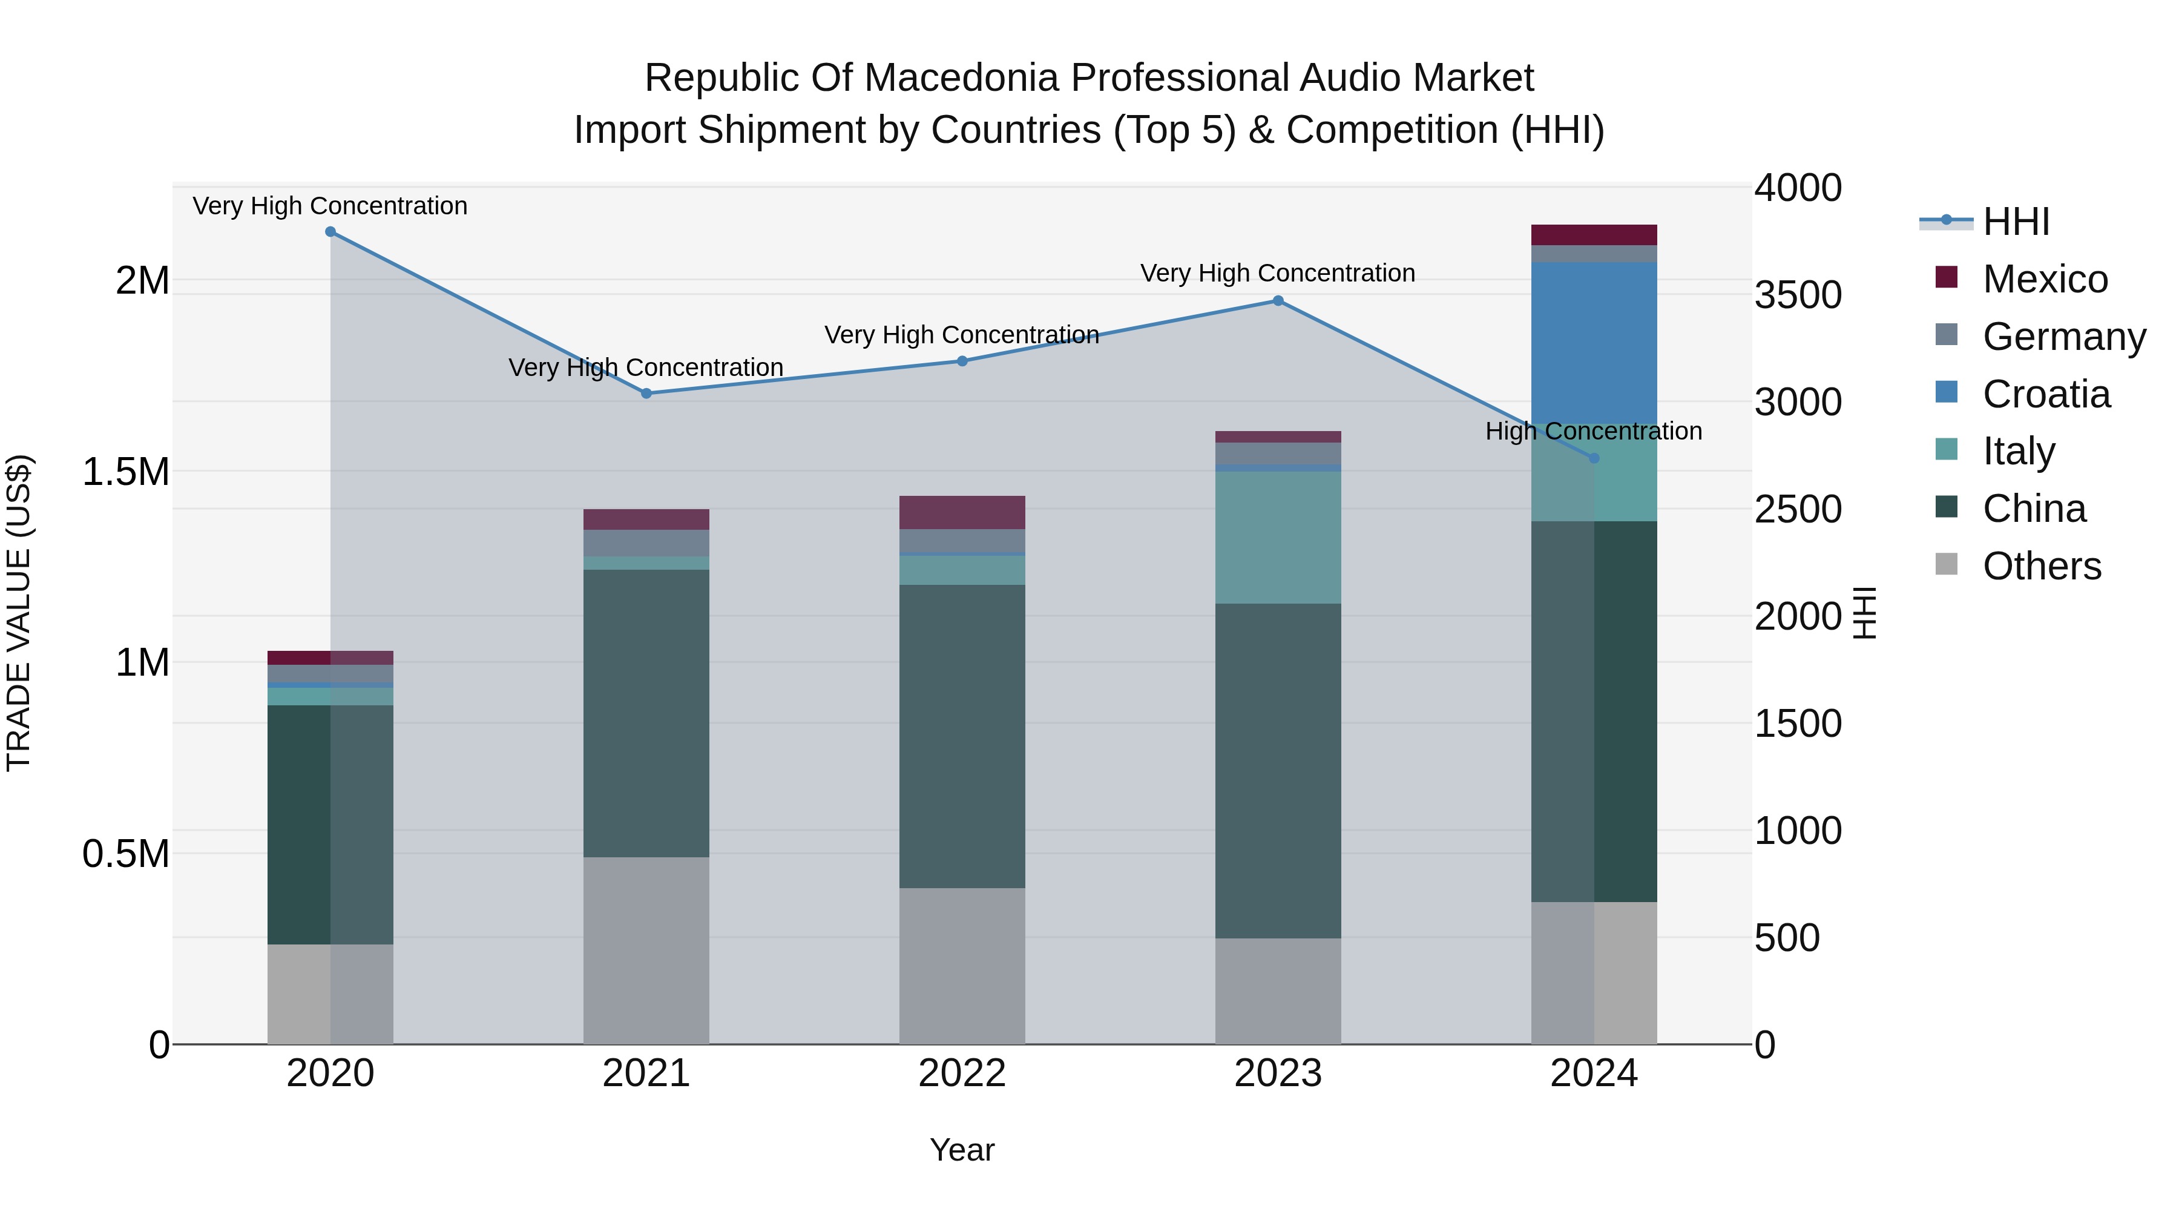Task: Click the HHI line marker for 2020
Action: [x=330, y=232]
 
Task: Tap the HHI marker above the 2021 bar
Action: [x=646, y=394]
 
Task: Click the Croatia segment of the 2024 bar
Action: [x=1594, y=343]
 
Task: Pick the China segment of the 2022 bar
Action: [x=962, y=736]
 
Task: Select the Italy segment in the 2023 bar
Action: [x=1278, y=537]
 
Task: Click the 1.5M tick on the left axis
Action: [x=126, y=472]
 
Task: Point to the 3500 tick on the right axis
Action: [x=1798, y=295]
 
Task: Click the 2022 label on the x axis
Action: [x=962, y=1073]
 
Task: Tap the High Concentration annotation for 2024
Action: [x=1593, y=432]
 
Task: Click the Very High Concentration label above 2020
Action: [x=330, y=206]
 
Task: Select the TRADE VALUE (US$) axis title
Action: [x=19, y=613]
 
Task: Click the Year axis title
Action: [x=962, y=1150]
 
